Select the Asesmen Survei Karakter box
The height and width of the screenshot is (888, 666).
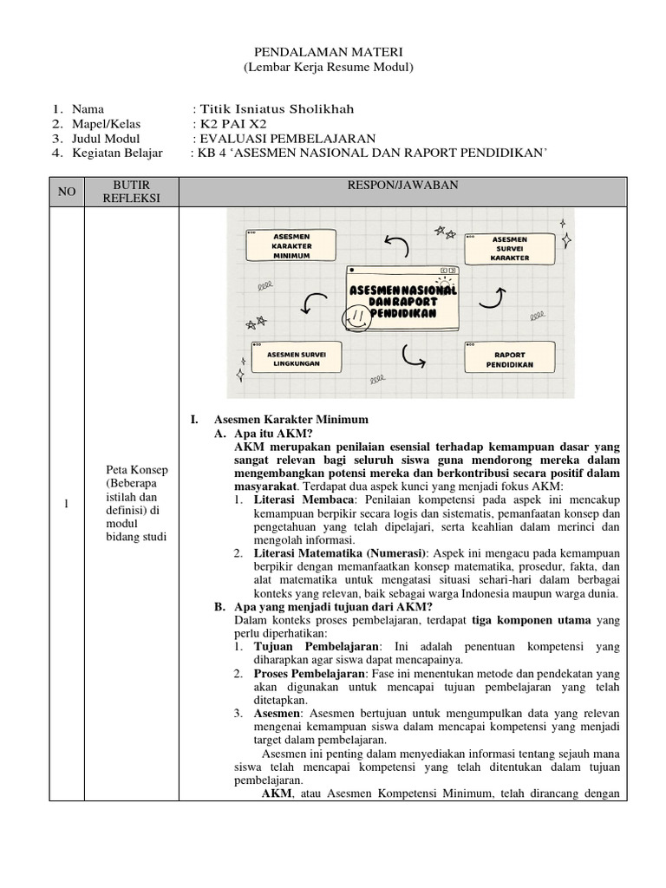pos(509,248)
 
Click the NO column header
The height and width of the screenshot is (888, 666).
pos(67,192)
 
